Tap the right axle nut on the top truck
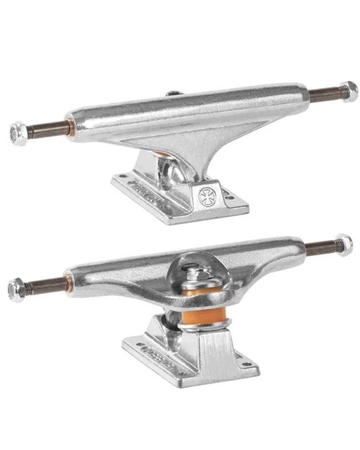[348, 91]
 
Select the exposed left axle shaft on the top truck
[46, 129]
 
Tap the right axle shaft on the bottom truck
[320, 249]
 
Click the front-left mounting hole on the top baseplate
[121, 176]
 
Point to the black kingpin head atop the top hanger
[172, 93]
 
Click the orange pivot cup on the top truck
[163, 154]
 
